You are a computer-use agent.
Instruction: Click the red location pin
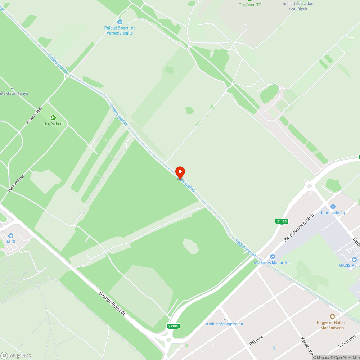(x=180, y=172)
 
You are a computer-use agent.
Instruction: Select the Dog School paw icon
(x=53, y=118)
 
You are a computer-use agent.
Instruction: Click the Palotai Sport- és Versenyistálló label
(x=120, y=30)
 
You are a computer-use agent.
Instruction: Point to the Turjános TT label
(x=250, y=4)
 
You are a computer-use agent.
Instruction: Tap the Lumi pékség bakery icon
(x=333, y=207)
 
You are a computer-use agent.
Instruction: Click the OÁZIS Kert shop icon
(x=354, y=260)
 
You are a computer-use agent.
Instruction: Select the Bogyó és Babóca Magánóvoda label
(x=332, y=325)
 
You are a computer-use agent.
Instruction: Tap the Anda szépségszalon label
(x=224, y=324)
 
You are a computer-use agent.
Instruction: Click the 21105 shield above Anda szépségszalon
(x=173, y=326)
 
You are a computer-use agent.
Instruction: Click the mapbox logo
(x=16, y=355)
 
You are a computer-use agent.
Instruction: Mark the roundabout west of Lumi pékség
(x=309, y=186)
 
